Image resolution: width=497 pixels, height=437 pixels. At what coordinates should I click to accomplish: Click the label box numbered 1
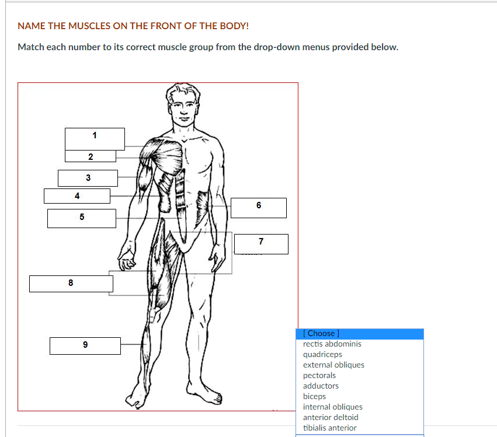tap(95, 139)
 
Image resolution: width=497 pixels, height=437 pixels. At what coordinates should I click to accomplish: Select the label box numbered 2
tap(91, 156)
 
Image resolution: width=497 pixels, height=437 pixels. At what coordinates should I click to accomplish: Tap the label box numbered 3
tap(88, 179)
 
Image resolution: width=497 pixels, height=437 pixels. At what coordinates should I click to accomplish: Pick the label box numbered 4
tap(77, 196)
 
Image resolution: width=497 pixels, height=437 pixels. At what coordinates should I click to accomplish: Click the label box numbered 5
tap(82, 218)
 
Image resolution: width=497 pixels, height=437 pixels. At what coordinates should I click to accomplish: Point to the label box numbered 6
tap(259, 208)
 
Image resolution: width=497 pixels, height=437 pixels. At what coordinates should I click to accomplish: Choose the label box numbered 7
tap(261, 244)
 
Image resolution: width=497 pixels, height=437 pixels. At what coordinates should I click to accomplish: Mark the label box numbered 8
tap(71, 284)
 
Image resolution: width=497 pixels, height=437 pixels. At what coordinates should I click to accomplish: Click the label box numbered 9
tap(85, 346)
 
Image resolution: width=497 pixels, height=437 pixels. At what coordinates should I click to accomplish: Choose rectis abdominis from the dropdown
tap(332, 344)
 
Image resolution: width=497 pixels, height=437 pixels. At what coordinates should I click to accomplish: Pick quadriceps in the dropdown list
tap(322, 354)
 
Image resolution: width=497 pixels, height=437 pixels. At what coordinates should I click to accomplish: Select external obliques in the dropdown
tap(333, 365)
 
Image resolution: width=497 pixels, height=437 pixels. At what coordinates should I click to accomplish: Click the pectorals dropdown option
tap(319, 375)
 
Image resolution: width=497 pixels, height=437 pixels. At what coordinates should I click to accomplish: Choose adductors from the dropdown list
tap(321, 386)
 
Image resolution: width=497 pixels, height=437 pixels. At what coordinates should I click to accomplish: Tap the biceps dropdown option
tap(314, 396)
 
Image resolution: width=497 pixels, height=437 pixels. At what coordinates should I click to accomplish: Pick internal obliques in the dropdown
tap(332, 407)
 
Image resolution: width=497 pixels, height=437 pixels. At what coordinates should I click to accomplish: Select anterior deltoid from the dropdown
tap(331, 417)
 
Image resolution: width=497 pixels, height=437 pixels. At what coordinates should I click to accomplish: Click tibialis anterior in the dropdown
tap(329, 428)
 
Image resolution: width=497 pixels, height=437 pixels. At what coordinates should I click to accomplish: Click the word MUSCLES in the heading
tap(89, 26)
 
